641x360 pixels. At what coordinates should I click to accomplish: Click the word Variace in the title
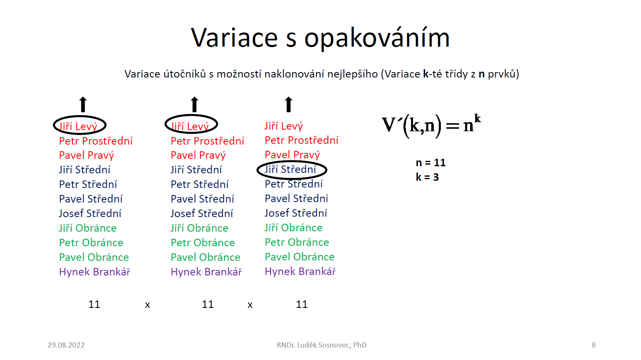(234, 37)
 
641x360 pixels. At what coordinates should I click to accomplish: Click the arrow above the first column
(83, 104)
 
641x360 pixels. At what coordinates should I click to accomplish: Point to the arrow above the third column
(288, 104)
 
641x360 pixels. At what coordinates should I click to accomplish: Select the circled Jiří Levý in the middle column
(190, 126)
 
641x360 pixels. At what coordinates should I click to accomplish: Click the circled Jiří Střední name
(290, 169)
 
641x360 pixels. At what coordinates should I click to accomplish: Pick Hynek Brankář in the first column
(95, 272)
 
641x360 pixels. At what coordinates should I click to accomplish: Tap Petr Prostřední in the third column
(301, 140)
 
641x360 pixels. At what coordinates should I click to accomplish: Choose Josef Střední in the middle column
(202, 213)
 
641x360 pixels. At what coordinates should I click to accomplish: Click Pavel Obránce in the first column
(94, 257)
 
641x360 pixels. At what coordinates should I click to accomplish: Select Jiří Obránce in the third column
(293, 227)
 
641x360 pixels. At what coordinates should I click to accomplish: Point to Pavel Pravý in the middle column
(198, 155)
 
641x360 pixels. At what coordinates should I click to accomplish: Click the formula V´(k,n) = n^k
(431, 126)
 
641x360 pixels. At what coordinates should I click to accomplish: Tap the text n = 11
(431, 162)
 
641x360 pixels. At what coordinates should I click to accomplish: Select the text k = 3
(427, 177)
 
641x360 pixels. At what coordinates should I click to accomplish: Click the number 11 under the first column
(94, 304)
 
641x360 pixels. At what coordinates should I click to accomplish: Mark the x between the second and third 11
(250, 305)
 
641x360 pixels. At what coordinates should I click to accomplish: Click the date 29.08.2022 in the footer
(66, 345)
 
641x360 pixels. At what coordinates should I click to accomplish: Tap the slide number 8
(593, 345)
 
